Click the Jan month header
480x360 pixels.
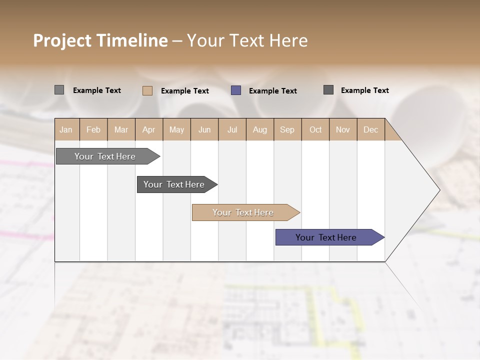[66, 129]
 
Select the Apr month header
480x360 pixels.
[148, 129]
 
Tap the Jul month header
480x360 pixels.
[232, 129]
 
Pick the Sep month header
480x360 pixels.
[287, 129]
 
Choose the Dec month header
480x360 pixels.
[370, 129]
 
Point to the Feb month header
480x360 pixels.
[93, 129]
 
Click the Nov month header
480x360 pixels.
[342, 129]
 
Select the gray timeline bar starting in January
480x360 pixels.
[105, 156]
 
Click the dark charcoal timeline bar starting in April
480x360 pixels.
[174, 184]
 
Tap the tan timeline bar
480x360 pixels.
[243, 212]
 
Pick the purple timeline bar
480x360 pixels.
[326, 237]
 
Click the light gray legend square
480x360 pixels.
[59, 90]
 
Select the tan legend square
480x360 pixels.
[147, 90]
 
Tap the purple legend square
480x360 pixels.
[236, 90]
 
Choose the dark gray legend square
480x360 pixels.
[328, 90]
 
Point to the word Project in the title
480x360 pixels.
[61, 40]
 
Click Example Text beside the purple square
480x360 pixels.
[273, 91]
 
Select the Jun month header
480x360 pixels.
[204, 129]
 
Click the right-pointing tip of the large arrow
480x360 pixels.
[438, 190]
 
